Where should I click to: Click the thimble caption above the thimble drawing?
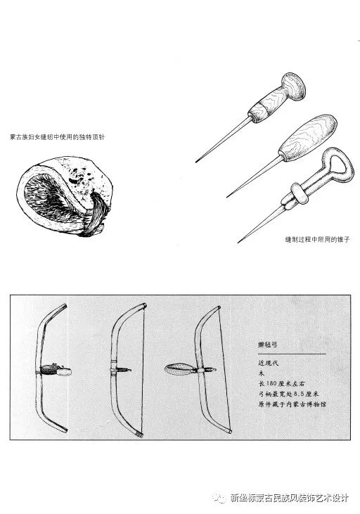click(58, 137)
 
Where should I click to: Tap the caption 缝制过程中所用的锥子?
click(317, 239)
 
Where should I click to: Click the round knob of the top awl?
click(293, 86)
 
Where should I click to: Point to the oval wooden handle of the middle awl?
click(308, 138)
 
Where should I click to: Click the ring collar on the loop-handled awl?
click(300, 193)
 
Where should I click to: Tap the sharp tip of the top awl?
click(197, 161)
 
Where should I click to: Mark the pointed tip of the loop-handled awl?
click(238, 242)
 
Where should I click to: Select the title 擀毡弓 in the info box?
click(268, 345)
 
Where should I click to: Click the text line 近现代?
click(268, 363)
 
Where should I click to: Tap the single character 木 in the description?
click(262, 373)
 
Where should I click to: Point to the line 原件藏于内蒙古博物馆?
click(292, 404)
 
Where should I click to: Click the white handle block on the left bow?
click(64, 371)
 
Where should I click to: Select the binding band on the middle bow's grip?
click(114, 369)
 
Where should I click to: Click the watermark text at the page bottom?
click(289, 499)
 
